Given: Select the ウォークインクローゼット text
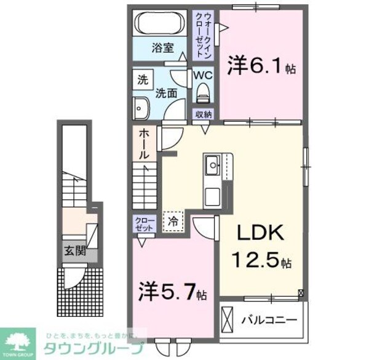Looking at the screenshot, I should coord(204,34).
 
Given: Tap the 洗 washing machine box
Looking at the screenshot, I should coord(143,79).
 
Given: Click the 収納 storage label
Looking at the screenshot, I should coord(204,114).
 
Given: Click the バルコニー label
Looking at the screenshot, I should coord(268,320).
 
